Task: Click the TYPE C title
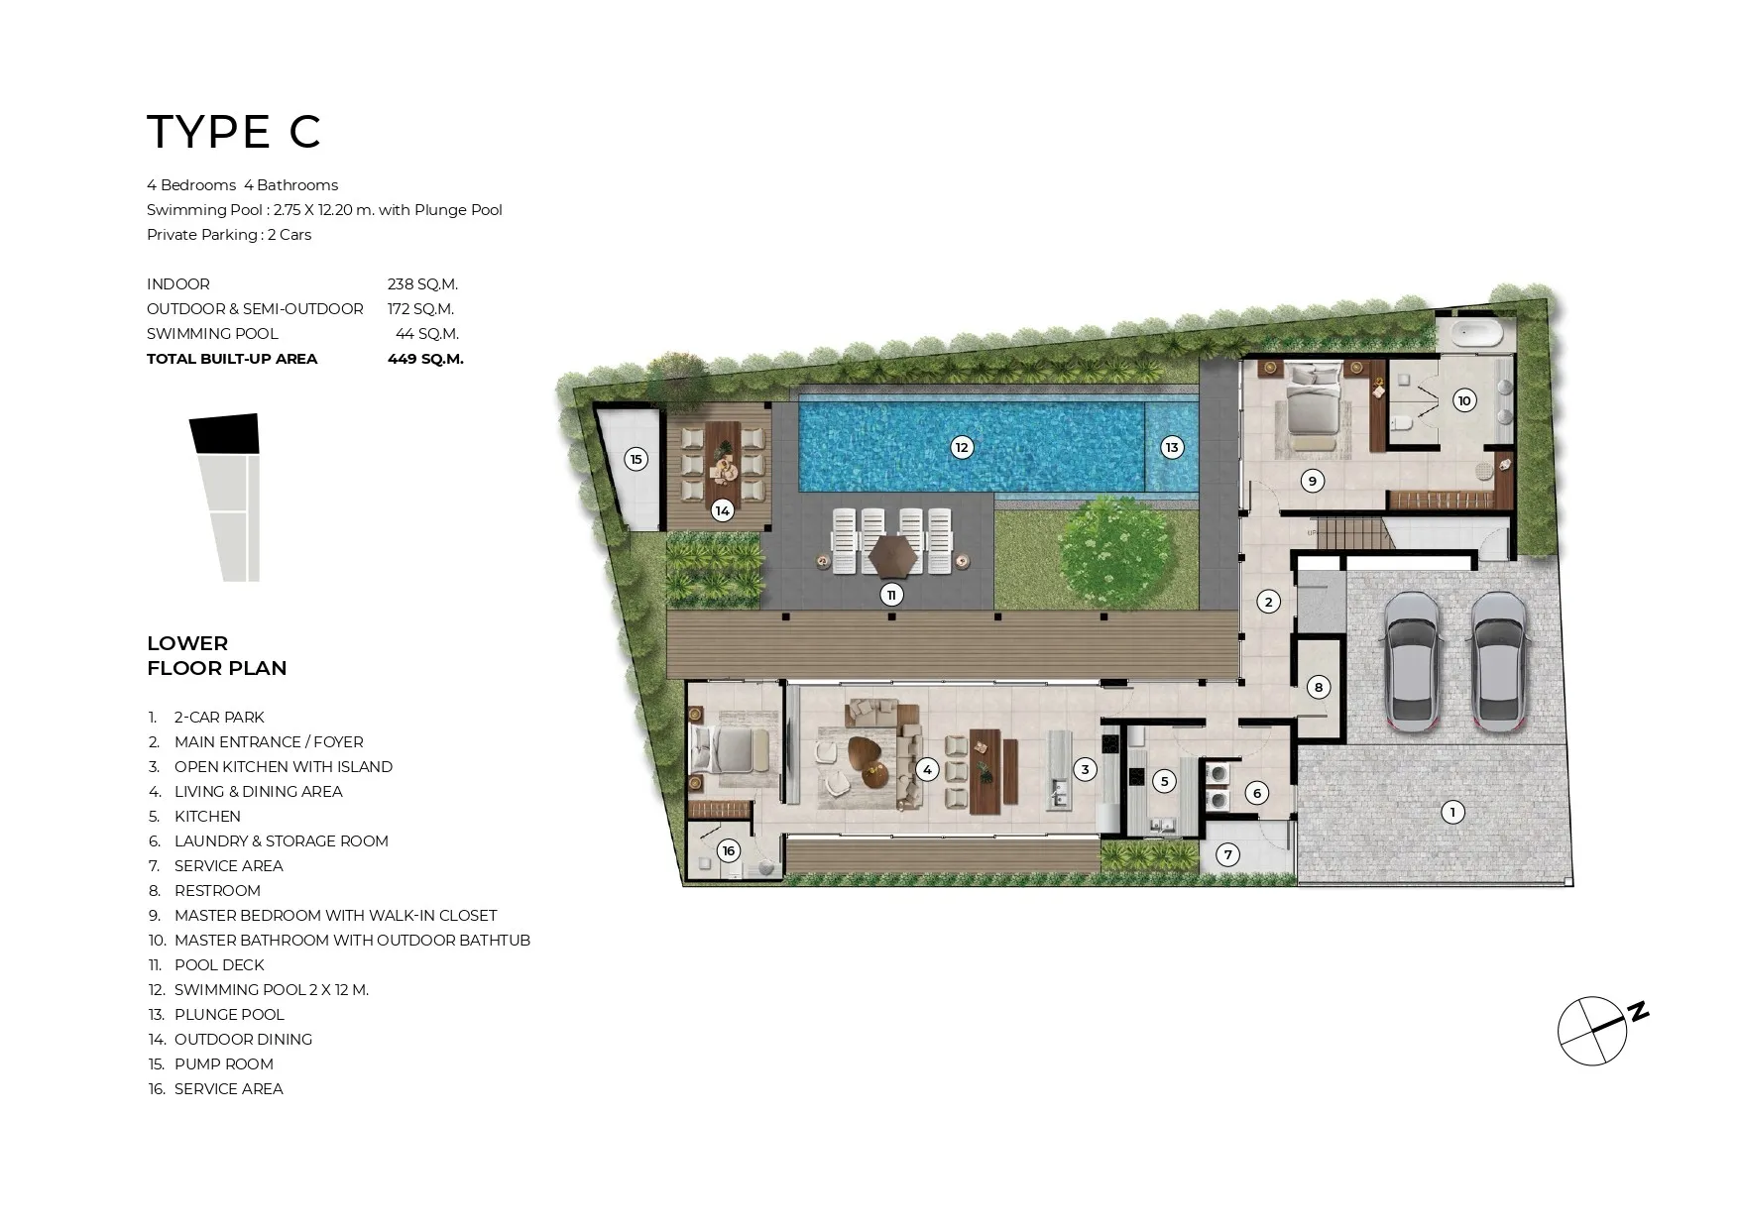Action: click(234, 132)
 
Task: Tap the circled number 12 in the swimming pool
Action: click(961, 447)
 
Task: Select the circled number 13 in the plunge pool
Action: click(1172, 447)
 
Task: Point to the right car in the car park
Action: click(1497, 662)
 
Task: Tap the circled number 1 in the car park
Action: click(1452, 813)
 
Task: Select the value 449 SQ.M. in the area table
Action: click(425, 359)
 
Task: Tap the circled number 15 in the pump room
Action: click(637, 459)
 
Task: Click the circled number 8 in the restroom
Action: click(1318, 687)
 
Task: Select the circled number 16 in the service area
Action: click(729, 851)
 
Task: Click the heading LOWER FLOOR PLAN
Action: click(217, 656)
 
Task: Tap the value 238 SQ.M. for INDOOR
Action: click(422, 284)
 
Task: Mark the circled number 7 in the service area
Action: click(1227, 854)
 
